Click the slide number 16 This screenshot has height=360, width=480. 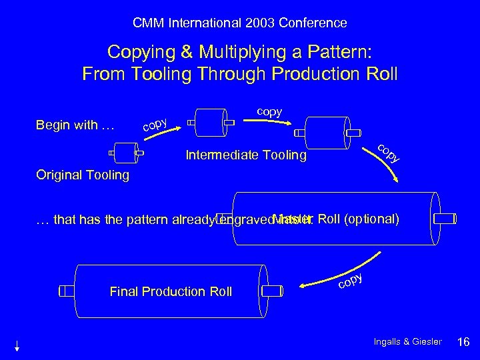point(463,342)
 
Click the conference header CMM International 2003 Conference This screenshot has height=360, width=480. point(240,23)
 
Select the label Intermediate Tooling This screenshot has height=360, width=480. point(246,156)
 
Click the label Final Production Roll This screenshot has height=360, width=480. point(171,291)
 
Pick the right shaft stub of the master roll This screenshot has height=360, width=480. point(445,219)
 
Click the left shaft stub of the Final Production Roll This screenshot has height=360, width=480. point(67,291)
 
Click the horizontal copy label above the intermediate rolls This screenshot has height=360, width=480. point(269,111)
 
